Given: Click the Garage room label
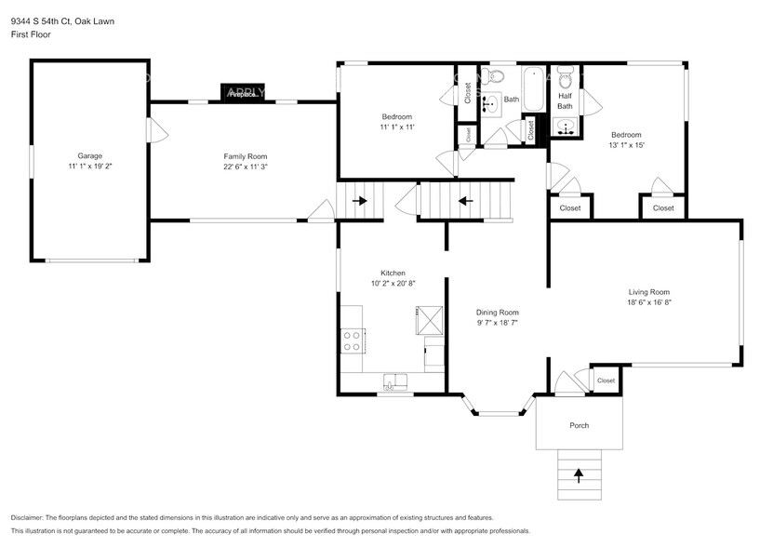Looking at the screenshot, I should point(90,155).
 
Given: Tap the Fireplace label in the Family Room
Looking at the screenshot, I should point(243,93).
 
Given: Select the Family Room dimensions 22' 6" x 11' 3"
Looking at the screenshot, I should point(246,167).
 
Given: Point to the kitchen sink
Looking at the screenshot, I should point(395,380).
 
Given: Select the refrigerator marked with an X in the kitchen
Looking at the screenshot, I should point(430,321).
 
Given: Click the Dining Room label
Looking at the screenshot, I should point(497,313).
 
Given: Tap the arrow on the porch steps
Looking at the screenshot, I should point(580,476).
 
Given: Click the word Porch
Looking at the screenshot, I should point(580,425).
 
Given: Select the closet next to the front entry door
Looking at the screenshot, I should point(606,380).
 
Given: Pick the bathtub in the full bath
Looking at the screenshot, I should point(534,89).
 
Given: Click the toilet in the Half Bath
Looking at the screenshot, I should point(565,75).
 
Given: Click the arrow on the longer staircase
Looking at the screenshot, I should point(465,199).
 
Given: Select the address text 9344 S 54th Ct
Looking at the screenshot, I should point(42,20).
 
